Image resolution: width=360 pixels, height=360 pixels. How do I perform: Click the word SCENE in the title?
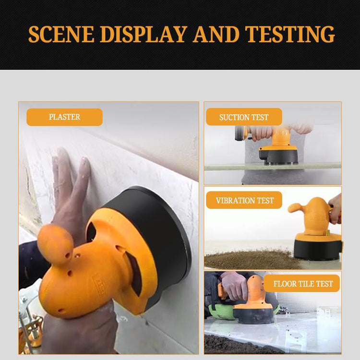coord(60,34)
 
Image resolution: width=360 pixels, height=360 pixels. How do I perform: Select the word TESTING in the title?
coord(290,34)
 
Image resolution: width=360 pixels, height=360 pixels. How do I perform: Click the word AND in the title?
coord(218,34)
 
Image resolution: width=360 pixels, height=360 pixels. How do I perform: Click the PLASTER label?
coord(64,117)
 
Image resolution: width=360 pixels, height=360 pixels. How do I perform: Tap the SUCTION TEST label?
coord(244,117)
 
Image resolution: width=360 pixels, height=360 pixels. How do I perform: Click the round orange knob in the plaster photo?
coord(55,244)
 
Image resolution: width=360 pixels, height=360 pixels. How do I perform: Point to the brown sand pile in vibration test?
coord(250,260)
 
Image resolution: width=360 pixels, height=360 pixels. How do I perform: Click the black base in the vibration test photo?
coord(318,249)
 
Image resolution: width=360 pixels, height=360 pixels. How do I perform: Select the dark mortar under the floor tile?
coord(230,345)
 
